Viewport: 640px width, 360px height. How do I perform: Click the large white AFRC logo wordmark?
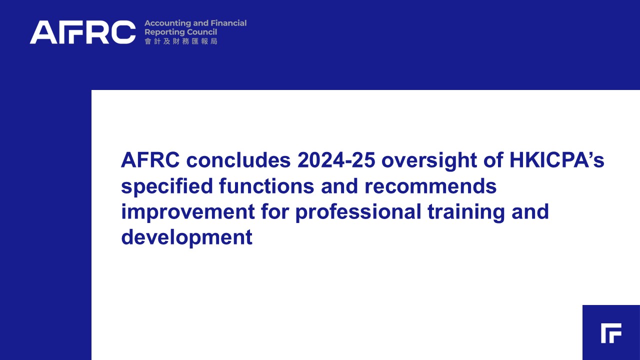[82, 32]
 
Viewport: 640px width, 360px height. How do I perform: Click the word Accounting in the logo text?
[167, 23]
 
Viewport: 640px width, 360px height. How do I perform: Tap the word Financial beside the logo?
[228, 23]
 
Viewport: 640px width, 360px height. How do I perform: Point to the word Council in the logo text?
[202, 31]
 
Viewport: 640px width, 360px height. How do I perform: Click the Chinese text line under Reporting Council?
[181, 41]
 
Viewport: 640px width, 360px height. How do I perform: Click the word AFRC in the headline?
[150, 160]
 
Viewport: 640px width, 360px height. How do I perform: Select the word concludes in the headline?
[238, 160]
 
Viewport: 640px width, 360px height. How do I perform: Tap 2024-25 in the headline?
[336, 160]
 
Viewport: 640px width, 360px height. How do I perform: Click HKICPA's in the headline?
[557, 159]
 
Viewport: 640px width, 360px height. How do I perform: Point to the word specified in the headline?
[167, 186]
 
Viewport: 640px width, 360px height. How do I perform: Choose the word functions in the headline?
[266, 185]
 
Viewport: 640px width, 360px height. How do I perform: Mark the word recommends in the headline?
[430, 186]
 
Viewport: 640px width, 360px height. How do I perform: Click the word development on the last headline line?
[187, 237]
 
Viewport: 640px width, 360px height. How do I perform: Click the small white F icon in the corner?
[611, 333]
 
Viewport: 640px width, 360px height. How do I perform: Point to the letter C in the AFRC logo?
[123, 32]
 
